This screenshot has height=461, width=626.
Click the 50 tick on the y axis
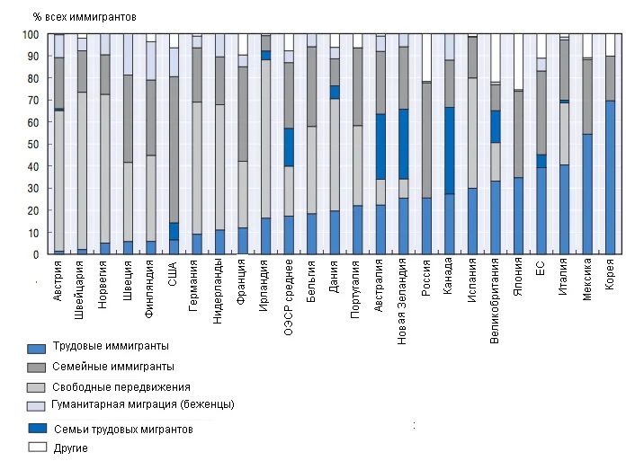click(x=34, y=145)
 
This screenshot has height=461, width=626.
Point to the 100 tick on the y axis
click(x=31, y=35)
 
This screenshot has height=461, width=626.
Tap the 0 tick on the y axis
click(x=37, y=254)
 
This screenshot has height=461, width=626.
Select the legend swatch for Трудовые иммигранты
click(x=37, y=348)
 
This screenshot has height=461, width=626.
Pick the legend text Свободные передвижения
click(x=121, y=386)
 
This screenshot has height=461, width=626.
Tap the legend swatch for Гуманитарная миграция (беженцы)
click(x=37, y=406)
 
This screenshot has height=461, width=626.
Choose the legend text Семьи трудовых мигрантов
click(x=123, y=430)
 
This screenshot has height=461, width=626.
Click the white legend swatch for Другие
click(x=37, y=447)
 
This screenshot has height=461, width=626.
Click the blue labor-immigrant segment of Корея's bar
click(x=611, y=177)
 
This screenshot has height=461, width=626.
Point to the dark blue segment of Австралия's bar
click(x=381, y=146)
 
